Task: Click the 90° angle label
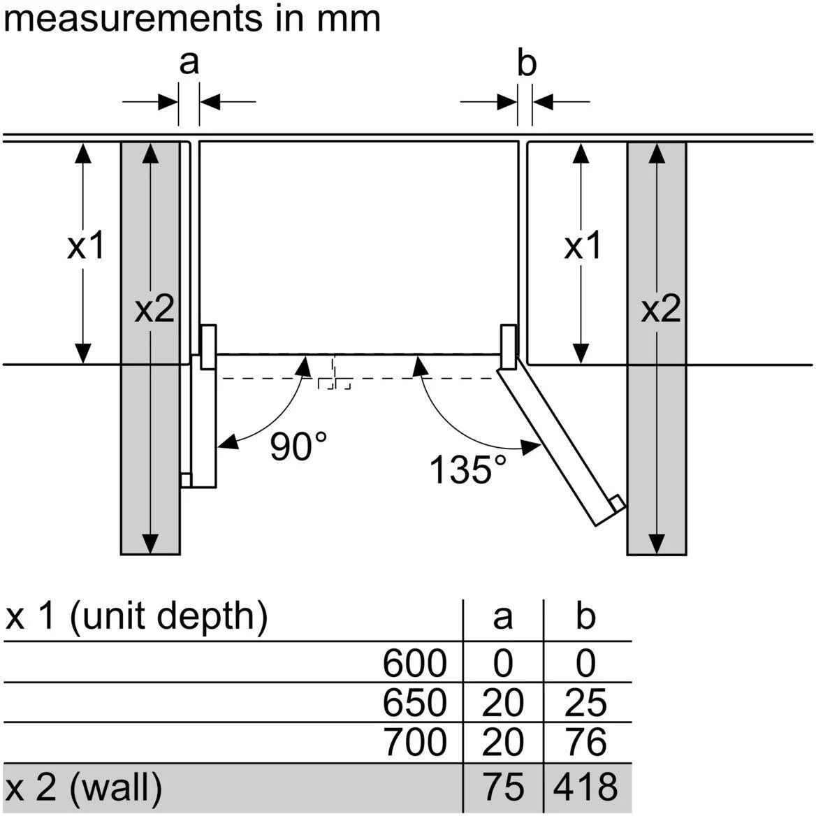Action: [298, 446]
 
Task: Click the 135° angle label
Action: [467, 469]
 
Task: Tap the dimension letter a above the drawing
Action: [189, 61]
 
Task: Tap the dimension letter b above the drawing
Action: [526, 64]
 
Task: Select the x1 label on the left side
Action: [86, 246]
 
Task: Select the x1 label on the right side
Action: [583, 246]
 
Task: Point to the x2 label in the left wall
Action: [154, 308]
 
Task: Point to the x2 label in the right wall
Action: [661, 308]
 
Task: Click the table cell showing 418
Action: [585, 786]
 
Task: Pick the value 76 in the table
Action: [585, 742]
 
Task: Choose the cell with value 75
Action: [503, 786]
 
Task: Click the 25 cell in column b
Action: [585, 702]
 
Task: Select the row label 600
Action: [414, 662]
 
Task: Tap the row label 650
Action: [414, 702]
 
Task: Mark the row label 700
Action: [414, 742]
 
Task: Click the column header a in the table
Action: [502, 617]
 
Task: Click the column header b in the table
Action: [585, 615]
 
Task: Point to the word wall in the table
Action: [117, 787]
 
